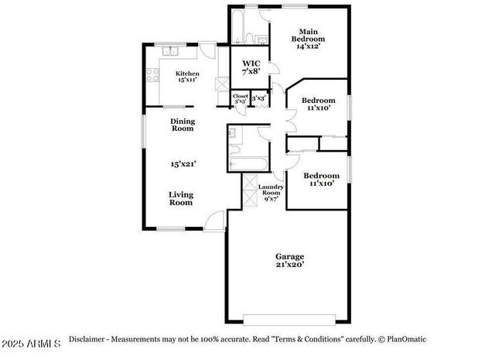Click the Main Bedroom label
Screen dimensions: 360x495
[x=308, y=39]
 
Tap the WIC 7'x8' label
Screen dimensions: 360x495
[x=251, y=67]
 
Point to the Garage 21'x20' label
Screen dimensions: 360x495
[x=290, y=260]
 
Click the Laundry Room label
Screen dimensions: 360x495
[x=271, y=192]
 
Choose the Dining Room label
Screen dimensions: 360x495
[x=183, y=125]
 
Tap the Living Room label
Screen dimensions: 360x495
[x=181, y=198]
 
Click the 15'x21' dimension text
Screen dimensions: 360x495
[x=183, y=163]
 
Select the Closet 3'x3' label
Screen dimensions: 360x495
[x=241, y=98]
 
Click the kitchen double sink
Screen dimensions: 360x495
[x=170, y=52]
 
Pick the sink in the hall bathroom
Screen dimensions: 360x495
[x=233, y=134]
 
